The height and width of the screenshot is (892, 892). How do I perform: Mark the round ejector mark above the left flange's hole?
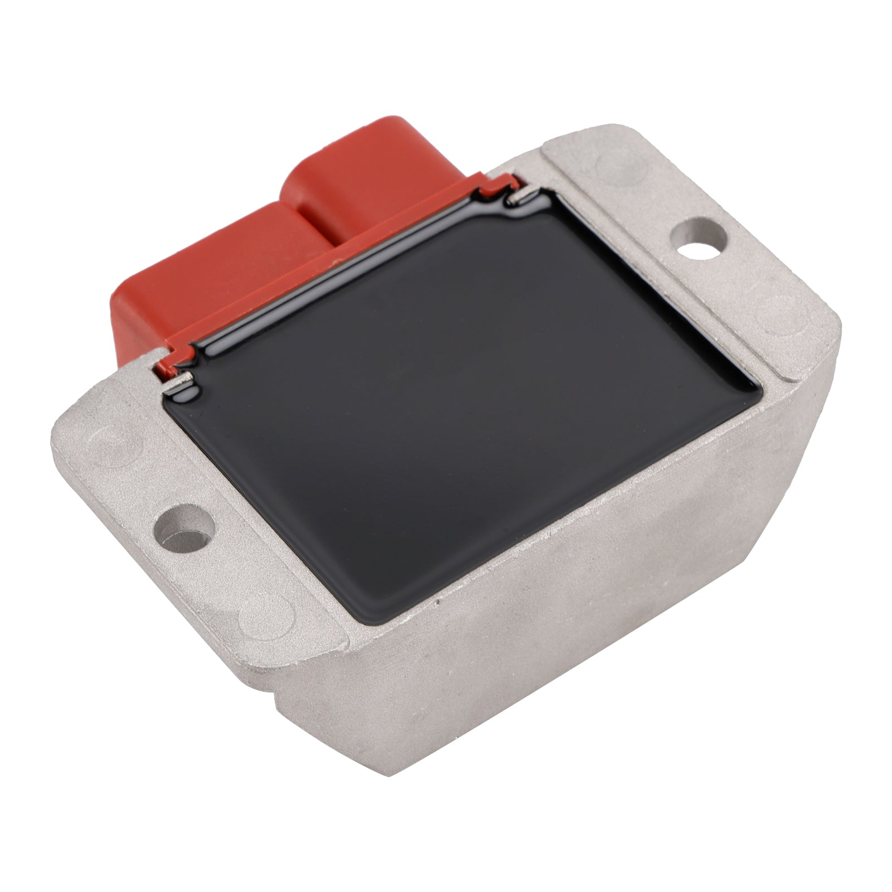111,446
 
